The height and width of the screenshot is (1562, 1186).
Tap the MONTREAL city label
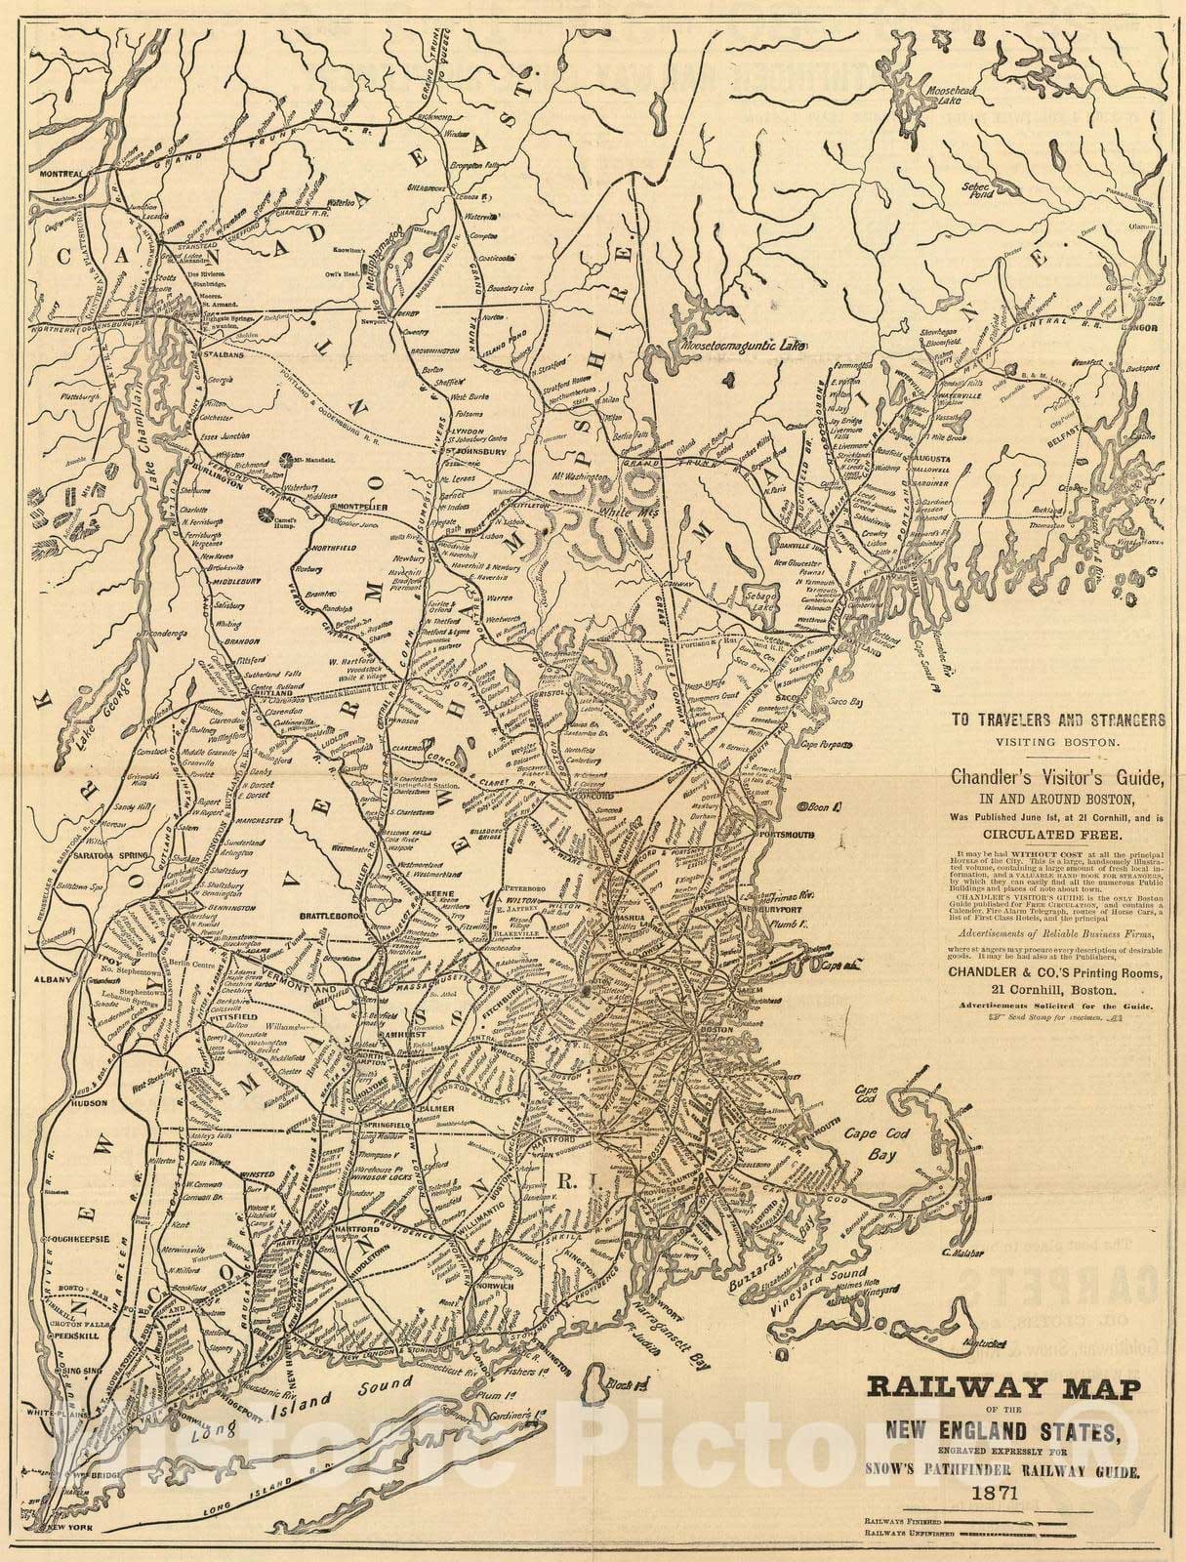click(60, 175)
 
